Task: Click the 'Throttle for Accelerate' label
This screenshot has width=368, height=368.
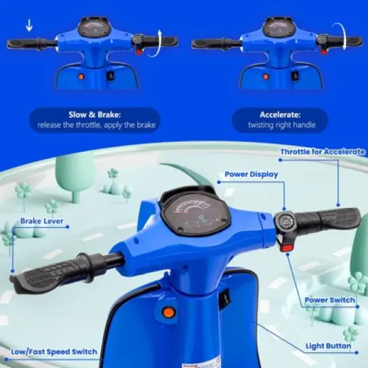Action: [x=322, y=153]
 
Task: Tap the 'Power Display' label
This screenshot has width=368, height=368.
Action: [x=251, y=175]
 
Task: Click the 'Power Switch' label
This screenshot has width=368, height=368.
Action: [x=329, y=300]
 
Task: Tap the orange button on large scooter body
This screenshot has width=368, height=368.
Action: [x=169, y=312]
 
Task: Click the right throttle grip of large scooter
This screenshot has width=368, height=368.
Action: [x=328, y=221]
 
